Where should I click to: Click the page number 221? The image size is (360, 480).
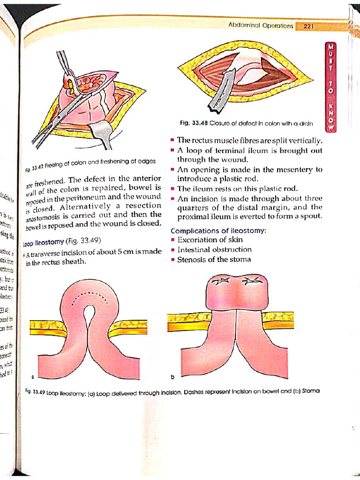tap(308, 26)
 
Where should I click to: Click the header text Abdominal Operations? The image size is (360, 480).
tap(261, 25)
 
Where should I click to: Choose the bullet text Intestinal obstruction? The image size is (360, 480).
tap(214, 249)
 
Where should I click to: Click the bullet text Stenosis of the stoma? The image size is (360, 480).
tap(214, 259)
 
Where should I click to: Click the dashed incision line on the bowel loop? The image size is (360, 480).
tap(89, 296)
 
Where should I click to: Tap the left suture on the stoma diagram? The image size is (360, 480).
tap(220, 282)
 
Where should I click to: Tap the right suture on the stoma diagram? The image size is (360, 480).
tap(250, 282)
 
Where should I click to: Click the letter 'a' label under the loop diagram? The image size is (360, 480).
tap(33, 376)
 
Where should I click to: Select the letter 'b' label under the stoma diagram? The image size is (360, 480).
tap(172, 377)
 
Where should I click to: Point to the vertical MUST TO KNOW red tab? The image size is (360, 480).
tap(330, 84)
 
